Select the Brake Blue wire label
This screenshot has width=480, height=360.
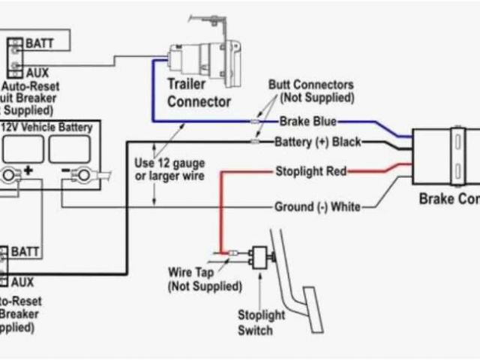(307, 121)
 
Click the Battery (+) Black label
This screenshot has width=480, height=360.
(318, 142)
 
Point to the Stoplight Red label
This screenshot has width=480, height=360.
(310, 172)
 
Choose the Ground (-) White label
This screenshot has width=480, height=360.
(317, 206)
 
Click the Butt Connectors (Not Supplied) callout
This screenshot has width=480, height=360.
(310, 91)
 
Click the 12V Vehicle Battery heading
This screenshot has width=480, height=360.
(49, 127)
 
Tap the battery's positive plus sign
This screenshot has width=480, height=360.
(28, 172)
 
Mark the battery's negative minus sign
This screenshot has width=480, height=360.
(65, 172)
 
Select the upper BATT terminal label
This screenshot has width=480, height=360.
(39, 43)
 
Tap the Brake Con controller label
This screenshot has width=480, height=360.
(448, 200)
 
